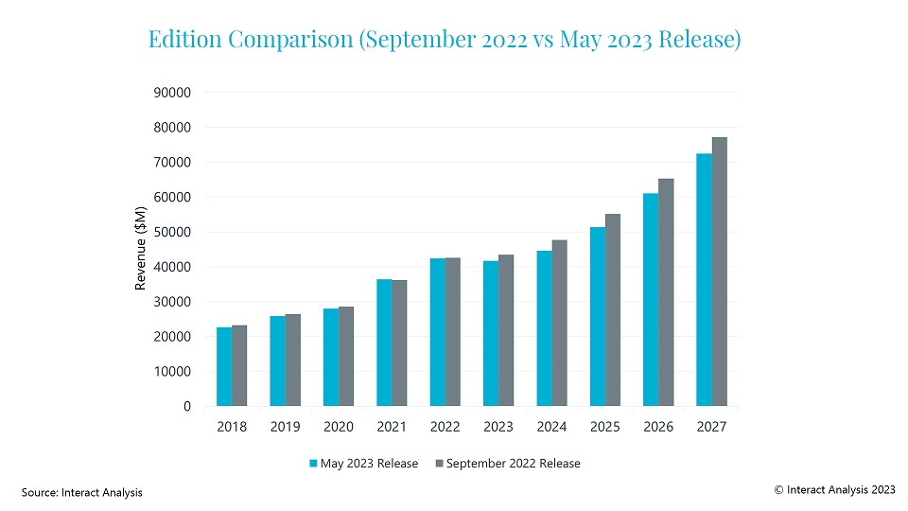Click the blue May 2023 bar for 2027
704,280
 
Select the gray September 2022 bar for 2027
720,272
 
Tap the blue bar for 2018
224,367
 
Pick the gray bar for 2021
400,344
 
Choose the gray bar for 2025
613,310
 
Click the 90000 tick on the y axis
173,93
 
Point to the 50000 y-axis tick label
173,232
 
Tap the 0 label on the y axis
187,407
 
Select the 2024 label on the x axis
551,428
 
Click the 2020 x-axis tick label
339,428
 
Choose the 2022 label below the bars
445,428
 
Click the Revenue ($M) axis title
141,248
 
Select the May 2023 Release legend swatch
314,464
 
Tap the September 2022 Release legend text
513,464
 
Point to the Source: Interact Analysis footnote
82,492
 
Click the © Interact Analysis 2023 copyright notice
834,489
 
